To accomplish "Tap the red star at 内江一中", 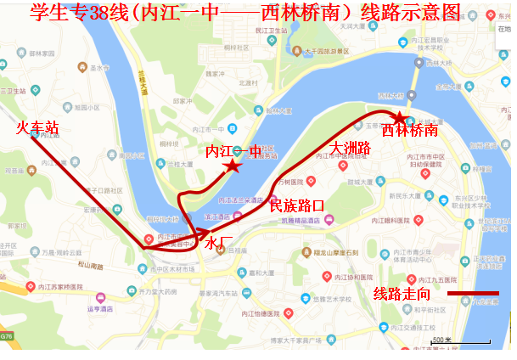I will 232,166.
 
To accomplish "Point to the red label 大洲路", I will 350,149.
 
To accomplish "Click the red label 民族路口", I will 296,205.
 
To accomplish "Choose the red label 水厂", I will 218,243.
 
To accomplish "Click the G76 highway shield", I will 6,337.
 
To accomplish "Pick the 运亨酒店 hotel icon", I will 101,298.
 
